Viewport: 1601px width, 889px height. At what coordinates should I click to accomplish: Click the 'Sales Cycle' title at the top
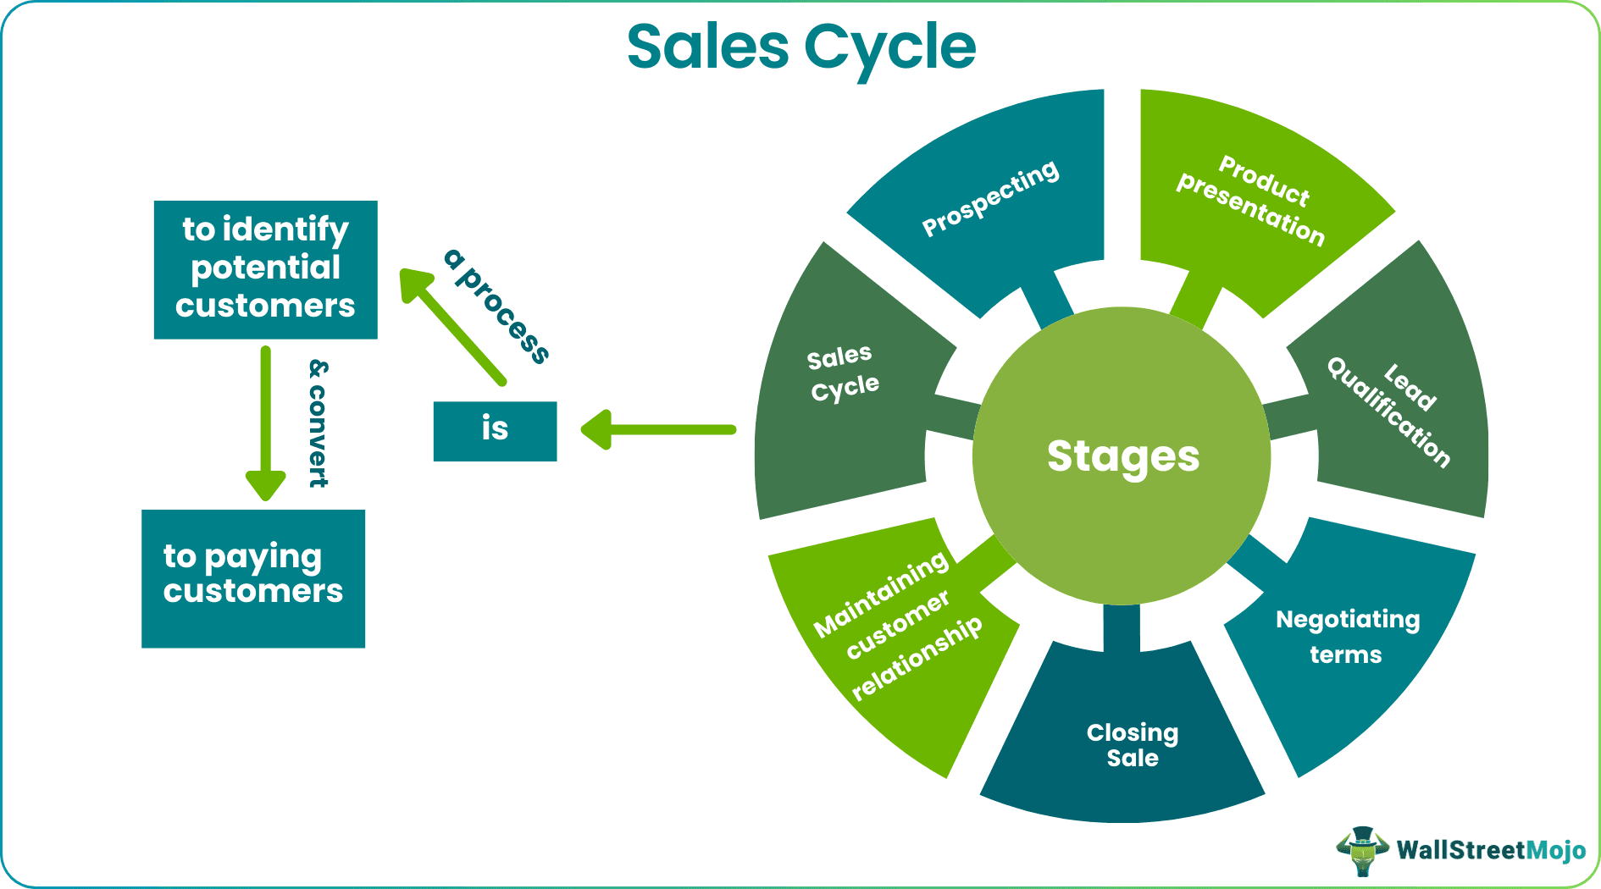(800, 47)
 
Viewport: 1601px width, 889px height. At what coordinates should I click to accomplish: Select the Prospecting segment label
(989, 198)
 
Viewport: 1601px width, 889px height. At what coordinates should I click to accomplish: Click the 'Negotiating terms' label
(1347, 636)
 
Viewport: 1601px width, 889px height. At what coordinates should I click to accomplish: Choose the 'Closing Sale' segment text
(1133, 745)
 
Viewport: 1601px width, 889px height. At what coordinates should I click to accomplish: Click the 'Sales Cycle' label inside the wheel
(842, 373)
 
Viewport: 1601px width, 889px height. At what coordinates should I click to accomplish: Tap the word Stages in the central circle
(1122, 456)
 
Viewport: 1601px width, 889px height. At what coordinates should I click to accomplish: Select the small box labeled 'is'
(495, 431)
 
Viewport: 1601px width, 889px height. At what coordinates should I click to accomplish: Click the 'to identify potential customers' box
(265, 269)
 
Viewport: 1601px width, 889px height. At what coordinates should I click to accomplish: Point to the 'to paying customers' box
(252, 578)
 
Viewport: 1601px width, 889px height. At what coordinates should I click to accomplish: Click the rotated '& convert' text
(319, 422)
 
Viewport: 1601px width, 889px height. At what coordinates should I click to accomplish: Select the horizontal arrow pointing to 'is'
(656, 429)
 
